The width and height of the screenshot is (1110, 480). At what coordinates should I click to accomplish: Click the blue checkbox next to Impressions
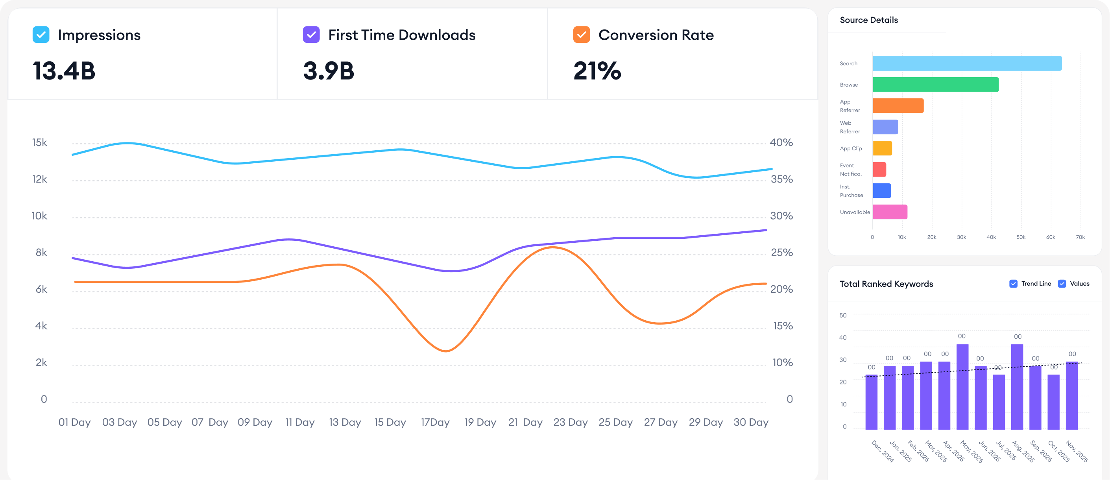41,35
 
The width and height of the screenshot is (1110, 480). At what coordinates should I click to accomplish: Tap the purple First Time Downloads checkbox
311,35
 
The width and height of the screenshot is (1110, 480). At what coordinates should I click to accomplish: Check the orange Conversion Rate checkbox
581,35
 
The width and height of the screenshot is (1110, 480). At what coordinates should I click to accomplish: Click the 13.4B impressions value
64,71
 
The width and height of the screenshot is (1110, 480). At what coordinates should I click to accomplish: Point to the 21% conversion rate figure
597,71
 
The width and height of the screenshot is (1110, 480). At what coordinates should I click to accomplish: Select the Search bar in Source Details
967,63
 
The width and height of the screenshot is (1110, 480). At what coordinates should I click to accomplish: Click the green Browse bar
935,85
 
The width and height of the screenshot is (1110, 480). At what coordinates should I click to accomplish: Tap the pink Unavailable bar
890,212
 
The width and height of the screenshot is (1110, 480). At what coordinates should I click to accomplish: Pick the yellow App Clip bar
882,148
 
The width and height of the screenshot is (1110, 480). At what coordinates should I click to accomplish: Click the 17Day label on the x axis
435,422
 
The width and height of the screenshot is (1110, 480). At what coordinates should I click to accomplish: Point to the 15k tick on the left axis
40,142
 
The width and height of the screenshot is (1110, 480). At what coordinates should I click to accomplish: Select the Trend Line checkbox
1014,284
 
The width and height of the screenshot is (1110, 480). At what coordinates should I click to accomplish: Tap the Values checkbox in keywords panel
1062,284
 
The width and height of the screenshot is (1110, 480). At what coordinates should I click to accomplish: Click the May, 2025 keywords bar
962,386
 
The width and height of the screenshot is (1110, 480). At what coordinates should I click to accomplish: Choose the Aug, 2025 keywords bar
1017,386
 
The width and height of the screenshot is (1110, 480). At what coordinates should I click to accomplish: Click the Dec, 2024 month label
883,451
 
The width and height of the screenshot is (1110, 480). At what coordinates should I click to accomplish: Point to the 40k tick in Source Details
991,237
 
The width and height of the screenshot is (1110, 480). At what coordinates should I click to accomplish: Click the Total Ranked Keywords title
886,284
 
